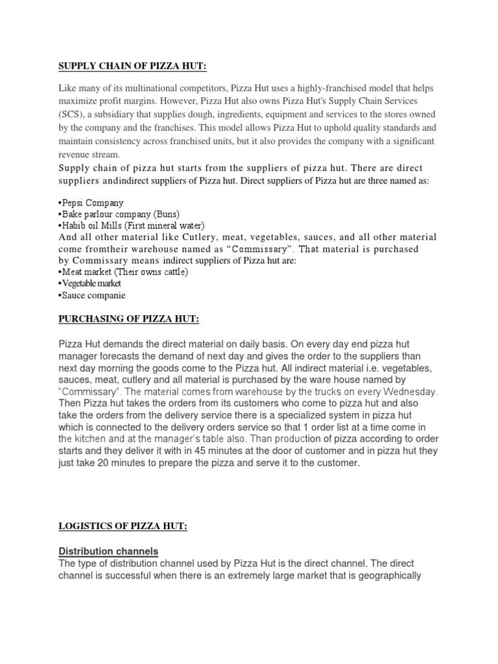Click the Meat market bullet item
tap(123, 272)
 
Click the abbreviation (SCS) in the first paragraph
tap(70, 115)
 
